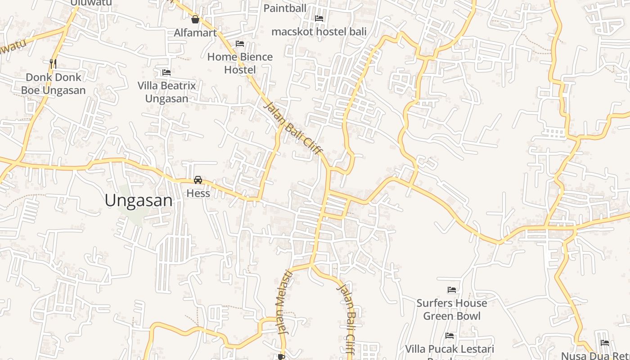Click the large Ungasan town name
coord(139,201)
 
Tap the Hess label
coord(198,193)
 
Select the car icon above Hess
coord(198,180)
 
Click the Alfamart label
coord(195,32)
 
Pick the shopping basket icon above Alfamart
coord(195,19)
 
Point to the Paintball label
coord(285,8)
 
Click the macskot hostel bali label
coord(319,31)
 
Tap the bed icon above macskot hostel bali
coord(319,18)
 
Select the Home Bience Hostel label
coord(240,63)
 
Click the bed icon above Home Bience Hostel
coord(240,44)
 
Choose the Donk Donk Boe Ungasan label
coord(53,84)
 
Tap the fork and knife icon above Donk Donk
coord(53,63)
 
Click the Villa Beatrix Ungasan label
coord(166,92)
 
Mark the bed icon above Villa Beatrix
coord(166,72)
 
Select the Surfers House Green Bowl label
coord(452,309)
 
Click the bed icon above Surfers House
coord(452,290)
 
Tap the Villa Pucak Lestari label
coord(450,349)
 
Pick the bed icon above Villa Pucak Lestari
coord(450,336)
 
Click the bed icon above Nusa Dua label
coord(605,343)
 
